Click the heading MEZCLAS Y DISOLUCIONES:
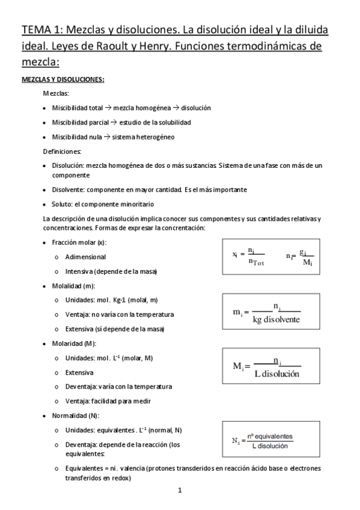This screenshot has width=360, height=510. pyautogui.click(x=63, y=79)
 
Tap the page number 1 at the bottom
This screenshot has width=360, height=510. pyautogui.click(x=180, y=490)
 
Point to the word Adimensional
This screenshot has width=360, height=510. pyautogui.click(x=85, y=257)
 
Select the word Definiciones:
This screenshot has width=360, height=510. pyautogui.click(x=63, y=151)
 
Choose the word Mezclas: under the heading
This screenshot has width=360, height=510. pyautogui.click(x=56, y=93)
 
